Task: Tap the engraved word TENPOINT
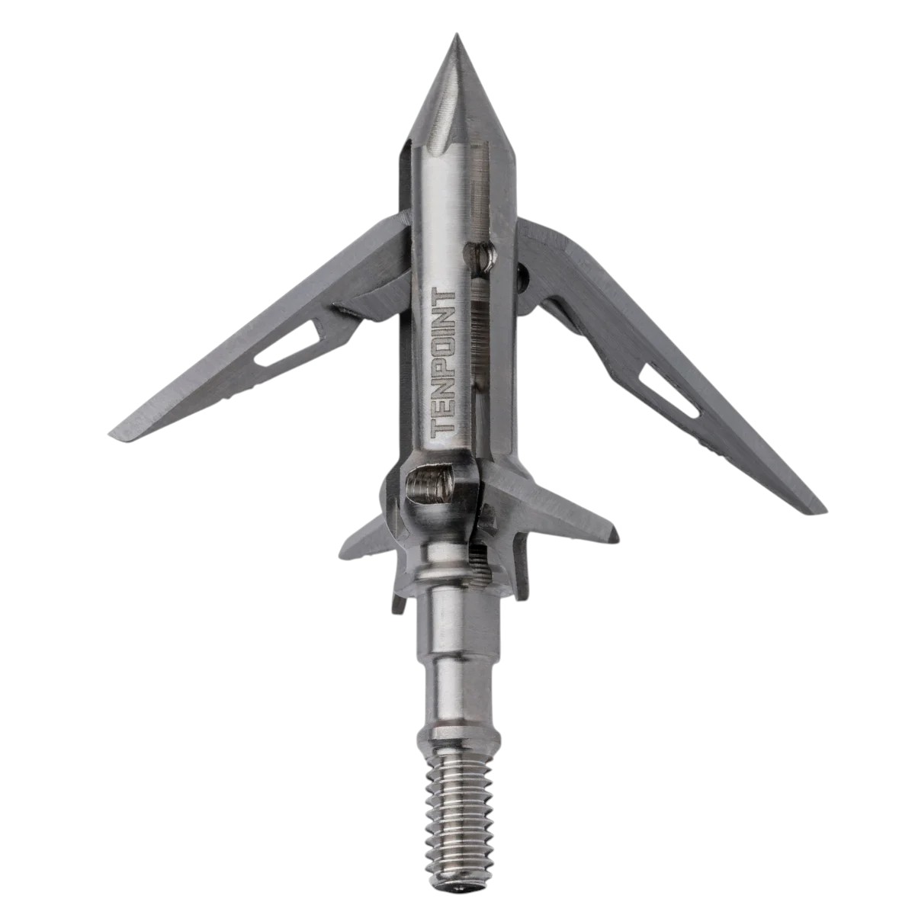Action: coord(445,363)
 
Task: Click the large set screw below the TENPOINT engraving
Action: coord(429,486)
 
